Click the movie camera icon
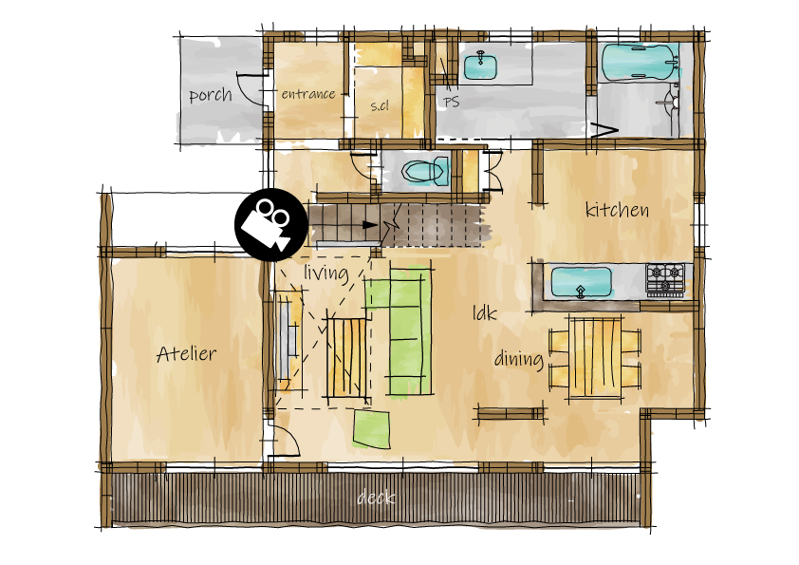tap(271, 225)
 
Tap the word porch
tap(211, 95)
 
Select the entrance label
tap(308, 94)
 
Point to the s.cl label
tap(380, 105)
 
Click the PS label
tap(451, 102)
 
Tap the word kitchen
tap(617, 209)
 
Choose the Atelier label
tap(186, 353)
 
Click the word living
tap(326, 273)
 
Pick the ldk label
tap(484, 312)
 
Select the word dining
tap(519, 359)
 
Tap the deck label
tap(376, 498)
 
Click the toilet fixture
tap(425, 171)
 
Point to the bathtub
tap(640, 62)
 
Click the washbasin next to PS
tap(480, 66)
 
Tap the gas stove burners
tap(665, 279)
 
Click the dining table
tap(595, 357)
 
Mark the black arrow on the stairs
tap(370, 225)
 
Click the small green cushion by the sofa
tap(372, 430)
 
